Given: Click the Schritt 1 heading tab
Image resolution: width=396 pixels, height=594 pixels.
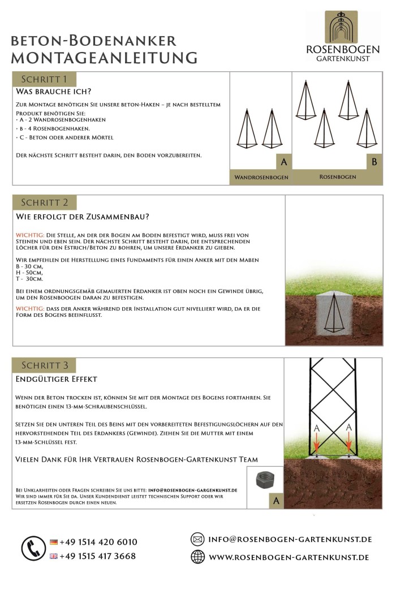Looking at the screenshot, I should click(x=44, y=79).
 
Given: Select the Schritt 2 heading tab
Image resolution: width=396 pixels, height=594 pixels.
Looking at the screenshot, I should click(x=45, y=202).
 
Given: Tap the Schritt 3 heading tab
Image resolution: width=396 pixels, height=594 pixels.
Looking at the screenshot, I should click(x=45, y=365).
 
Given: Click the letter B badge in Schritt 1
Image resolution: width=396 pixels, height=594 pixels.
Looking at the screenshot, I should click(x=374, y=162).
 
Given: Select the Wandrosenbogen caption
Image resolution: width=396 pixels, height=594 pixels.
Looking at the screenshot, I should click(x=261, y=177).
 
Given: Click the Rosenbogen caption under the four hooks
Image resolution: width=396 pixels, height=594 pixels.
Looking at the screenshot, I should click(x=338, y=177).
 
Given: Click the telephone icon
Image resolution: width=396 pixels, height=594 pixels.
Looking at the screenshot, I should click(x=33, y=548).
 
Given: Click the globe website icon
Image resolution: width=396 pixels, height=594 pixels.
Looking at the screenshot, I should click(x=197, y=557).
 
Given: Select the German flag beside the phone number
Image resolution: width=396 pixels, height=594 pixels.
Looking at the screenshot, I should click(x=54, y=542).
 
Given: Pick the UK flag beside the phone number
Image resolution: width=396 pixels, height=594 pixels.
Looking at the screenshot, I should click(x=54, y=556).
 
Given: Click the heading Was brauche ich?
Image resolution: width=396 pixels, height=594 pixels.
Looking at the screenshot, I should click(x=54, y=91).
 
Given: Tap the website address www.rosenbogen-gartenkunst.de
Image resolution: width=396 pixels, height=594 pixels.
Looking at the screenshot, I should click(x=289, y=557).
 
